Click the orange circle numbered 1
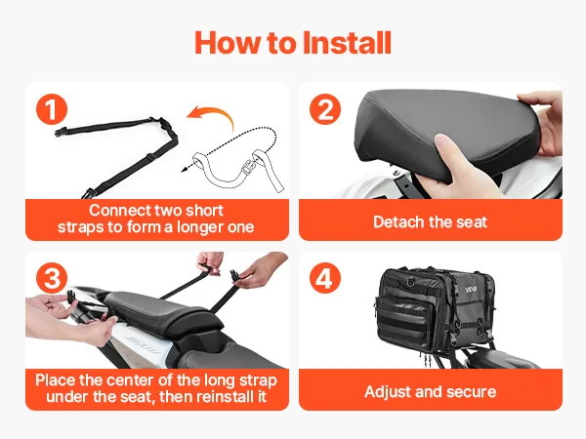click(52, 109)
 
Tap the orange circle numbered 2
click(325, 109)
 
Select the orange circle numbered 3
click(52, 278)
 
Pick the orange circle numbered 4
click(325, 278)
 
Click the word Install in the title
click(347, 43)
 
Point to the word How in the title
click(229, 43)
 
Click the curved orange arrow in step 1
click(210, 118)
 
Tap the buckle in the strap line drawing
click(247, 167)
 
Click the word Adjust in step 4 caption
click(387, 392)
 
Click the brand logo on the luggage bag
click(471, 290)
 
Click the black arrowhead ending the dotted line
click(184, 170)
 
